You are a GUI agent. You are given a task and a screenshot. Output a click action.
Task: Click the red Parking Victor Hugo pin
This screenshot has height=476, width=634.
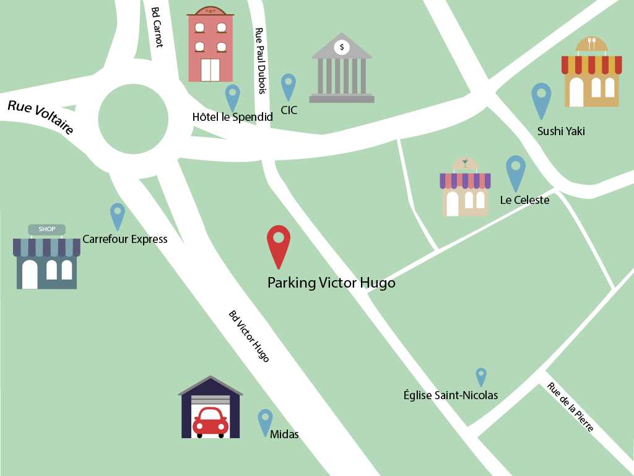(279, 243)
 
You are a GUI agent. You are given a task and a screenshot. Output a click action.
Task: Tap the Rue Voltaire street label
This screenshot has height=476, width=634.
(41, 117)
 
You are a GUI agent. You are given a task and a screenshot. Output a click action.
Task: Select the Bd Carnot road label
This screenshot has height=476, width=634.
(158, 27)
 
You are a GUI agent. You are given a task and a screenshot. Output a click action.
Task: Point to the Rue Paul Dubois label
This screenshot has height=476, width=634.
(261, 61)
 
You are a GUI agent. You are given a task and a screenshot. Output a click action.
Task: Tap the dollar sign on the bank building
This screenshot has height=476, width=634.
(342, 46)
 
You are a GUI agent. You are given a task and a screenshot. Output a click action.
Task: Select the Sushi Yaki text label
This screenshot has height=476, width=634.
(561, 131)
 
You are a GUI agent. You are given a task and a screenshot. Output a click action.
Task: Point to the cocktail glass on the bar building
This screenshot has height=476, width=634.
(465, 164)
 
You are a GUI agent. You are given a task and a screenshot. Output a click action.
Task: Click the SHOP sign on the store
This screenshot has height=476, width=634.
(47, 229)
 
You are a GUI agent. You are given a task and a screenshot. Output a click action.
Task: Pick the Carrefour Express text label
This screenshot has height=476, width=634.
(125, 239)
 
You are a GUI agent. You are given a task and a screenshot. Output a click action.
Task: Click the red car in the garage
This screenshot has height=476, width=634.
(211, 421)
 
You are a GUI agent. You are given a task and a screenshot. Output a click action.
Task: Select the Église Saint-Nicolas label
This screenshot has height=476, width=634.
(451, 395)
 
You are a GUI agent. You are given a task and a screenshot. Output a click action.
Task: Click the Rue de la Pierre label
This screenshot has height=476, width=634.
(570, 407)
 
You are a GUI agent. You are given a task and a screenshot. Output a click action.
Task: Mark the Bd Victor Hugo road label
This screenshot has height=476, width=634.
(249, 336)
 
